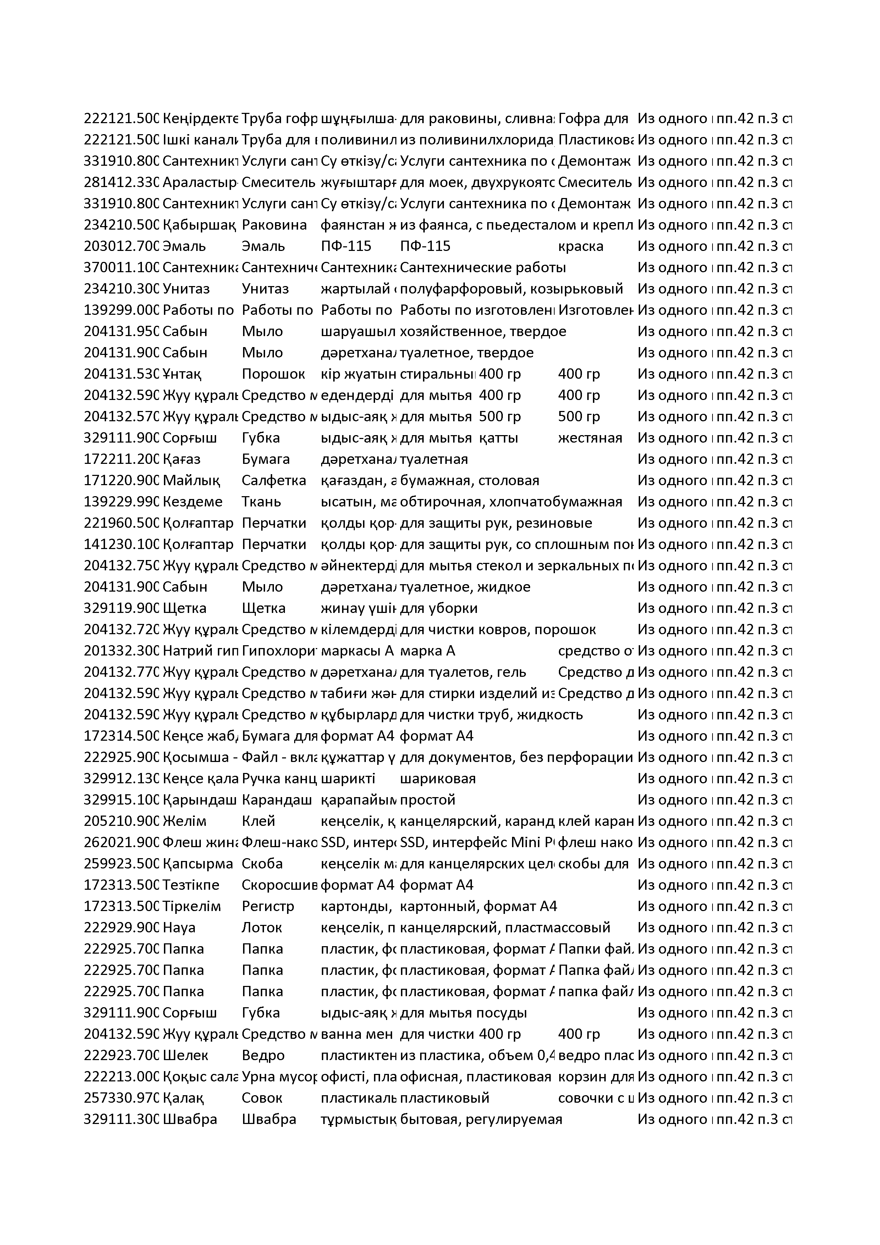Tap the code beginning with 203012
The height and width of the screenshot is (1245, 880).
point(121,246)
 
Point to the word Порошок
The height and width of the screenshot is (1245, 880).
point(273,374)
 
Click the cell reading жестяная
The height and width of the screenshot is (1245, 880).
point(590,438)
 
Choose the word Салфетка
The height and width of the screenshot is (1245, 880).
point(274,481)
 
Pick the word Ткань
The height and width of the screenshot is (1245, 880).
point(262,501)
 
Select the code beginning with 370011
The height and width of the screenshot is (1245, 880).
point(121,267)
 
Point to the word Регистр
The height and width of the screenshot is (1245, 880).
point(268,906)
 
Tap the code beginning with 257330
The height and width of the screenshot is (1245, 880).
point(121,1098)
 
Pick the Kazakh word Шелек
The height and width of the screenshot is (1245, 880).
point(186,1055)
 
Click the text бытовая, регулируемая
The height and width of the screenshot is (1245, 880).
point(480,1119)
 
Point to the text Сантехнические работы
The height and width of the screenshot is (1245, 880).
point(483,267)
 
